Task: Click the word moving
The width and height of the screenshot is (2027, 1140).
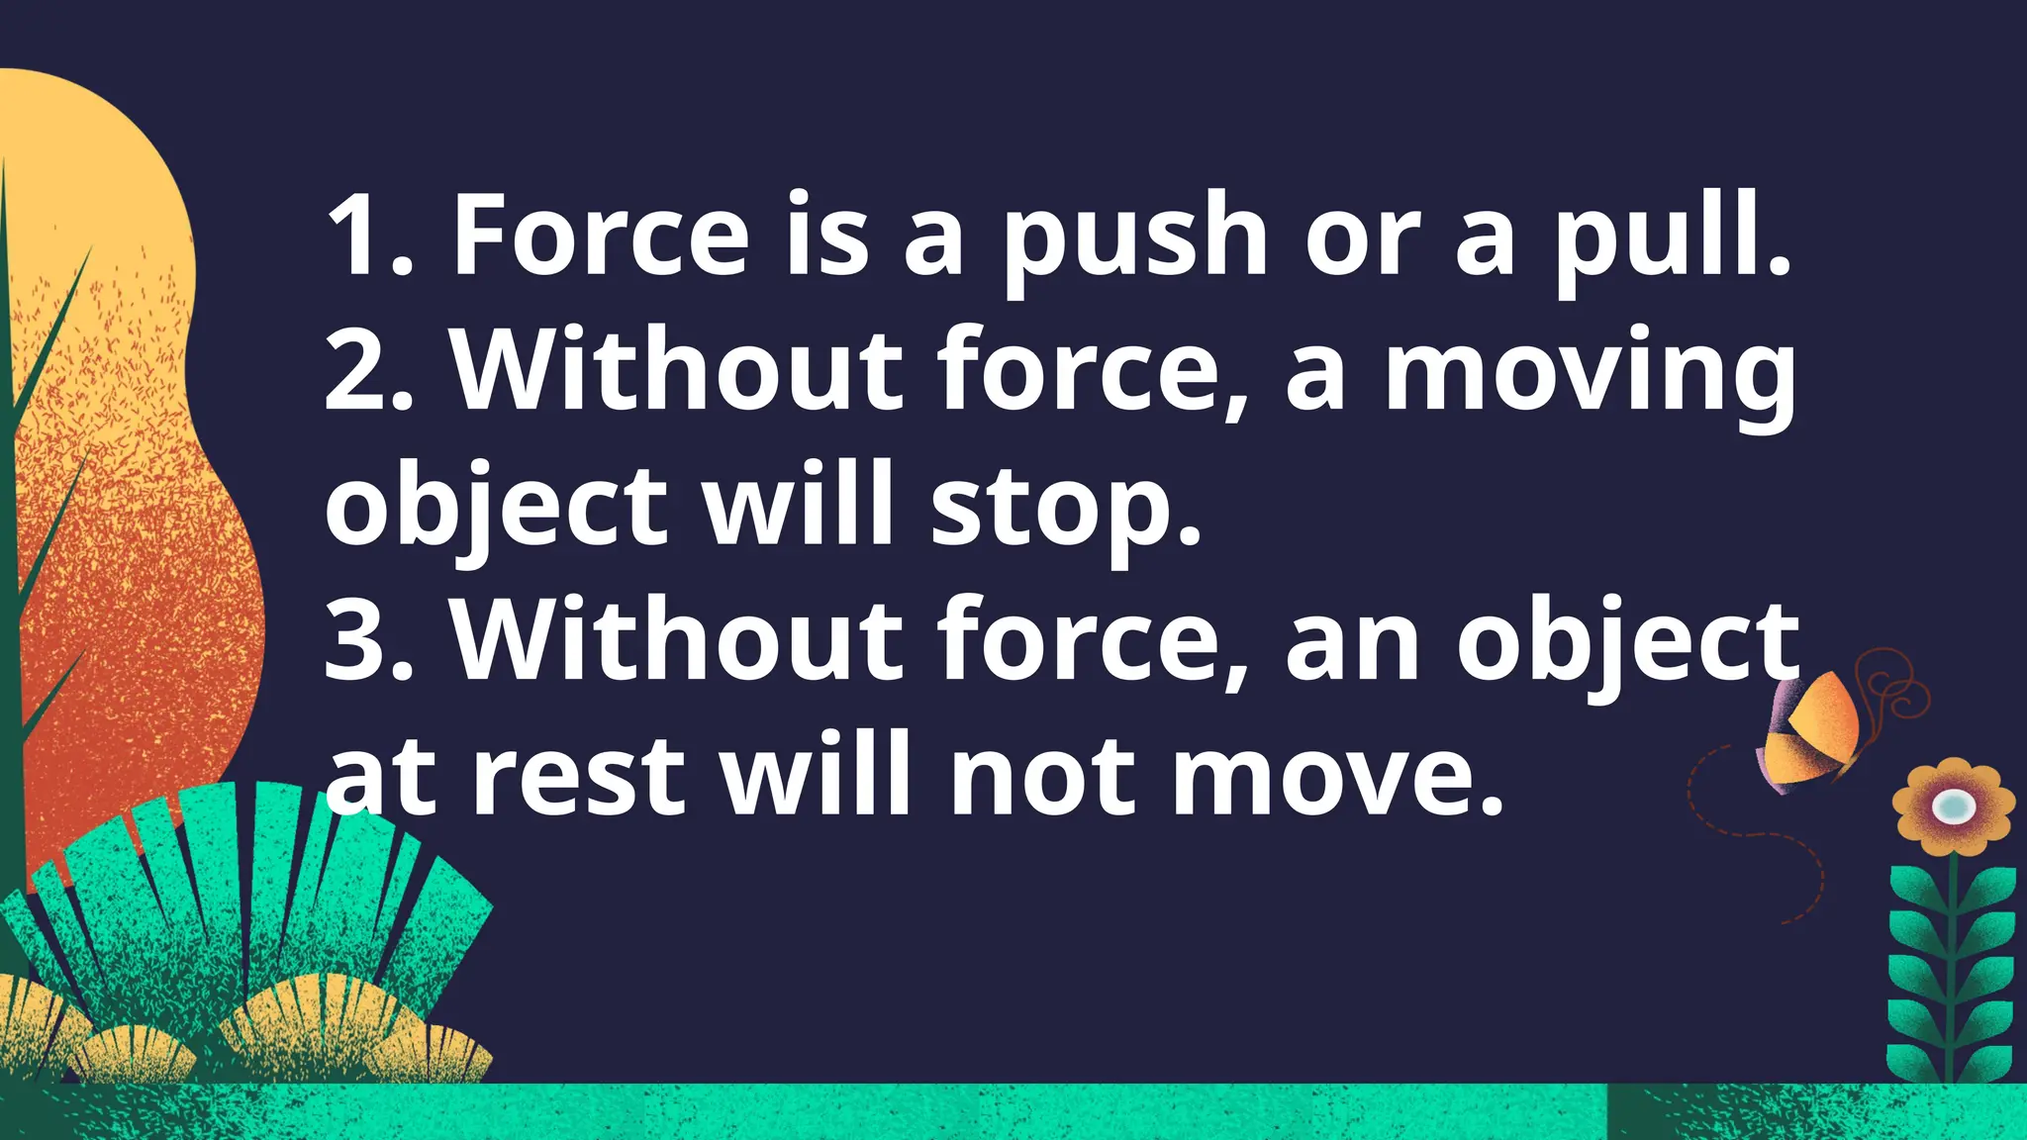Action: [1590, 376]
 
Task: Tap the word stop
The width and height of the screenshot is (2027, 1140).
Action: [1064, 510]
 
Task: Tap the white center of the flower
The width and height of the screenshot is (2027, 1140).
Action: [1953, 806]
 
